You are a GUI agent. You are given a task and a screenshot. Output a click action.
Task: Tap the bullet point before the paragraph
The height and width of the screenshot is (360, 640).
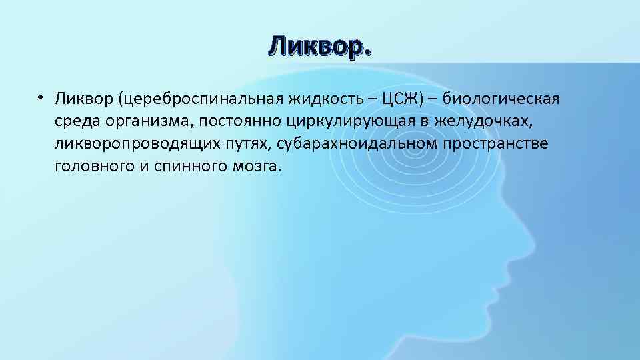(41, 98)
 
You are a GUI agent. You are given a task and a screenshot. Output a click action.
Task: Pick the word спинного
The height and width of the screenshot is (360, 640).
(179, 166)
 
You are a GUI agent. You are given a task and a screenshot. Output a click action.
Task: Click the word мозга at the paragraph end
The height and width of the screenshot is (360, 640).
(254, 166)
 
